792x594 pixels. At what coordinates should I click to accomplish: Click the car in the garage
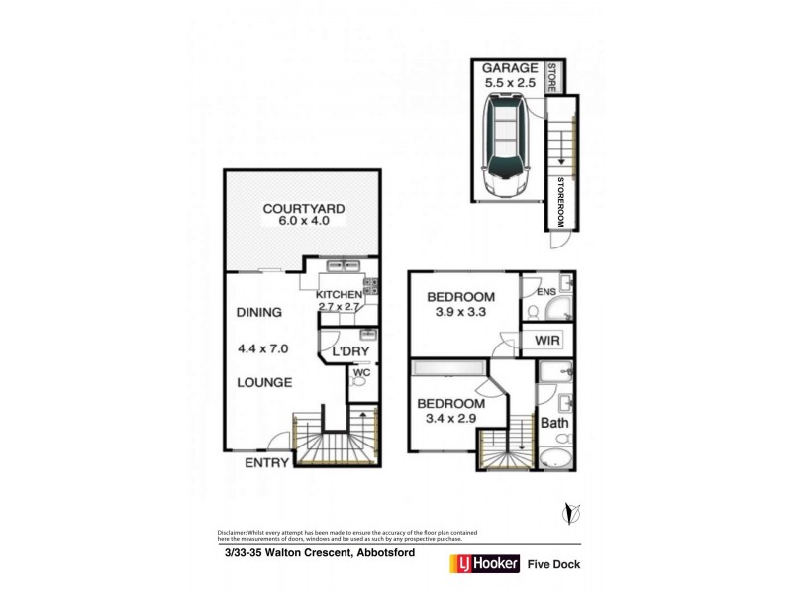coord(505,141)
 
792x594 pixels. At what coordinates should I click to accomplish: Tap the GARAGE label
coord(509,68)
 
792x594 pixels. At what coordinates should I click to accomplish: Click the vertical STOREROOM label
coord(560,202)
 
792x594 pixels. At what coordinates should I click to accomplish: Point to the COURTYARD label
coord(303,208)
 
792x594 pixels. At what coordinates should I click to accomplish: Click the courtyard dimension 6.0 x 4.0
coord(303,222)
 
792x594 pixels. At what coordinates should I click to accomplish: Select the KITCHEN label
coord(340,295)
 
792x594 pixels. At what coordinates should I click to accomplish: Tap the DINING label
coord(258,312)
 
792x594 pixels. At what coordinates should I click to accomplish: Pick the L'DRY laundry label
coord(349,352)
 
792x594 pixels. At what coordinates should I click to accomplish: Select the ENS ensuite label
coord(545,292)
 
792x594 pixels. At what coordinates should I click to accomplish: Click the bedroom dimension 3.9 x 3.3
coord(460,313)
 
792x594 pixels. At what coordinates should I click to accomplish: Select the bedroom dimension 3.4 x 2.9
coord(450,419)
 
